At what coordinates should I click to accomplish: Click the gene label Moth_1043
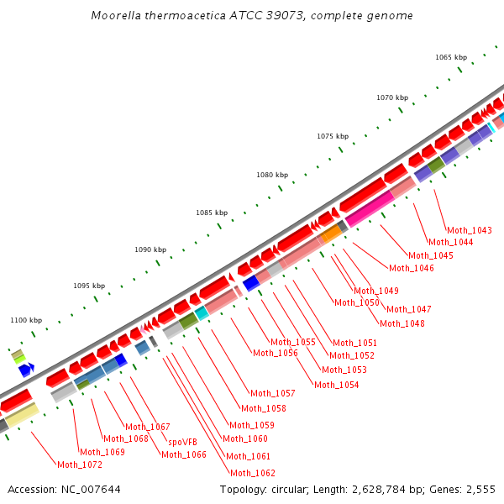[x=469, y=230]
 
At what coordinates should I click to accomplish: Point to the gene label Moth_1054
[x=336, y=385]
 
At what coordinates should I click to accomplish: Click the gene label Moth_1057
[x=272, y=393]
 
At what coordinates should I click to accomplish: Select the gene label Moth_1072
[x=79, y=465]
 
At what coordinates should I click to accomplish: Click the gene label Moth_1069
[x=102, y=452]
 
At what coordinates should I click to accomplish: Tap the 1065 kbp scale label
[x=450, y=57]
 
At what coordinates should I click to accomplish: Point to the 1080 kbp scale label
[x=271, y=175]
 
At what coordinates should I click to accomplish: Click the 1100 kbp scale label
[x=26, y=320]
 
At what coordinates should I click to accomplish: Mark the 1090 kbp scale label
[x=150, y=249]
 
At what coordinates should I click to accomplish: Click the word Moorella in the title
[x=116, y=16]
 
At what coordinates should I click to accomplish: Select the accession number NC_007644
[x=91, y=489]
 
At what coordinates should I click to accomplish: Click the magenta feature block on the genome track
[x=368, y=207]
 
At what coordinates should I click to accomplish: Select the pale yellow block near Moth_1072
[x=21, y=416]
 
